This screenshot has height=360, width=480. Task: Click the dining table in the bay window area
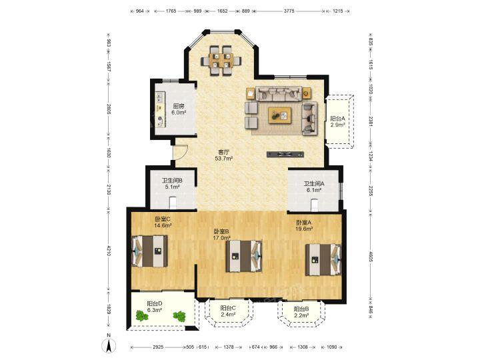click(221, 60)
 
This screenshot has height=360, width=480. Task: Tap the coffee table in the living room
click(280, 115)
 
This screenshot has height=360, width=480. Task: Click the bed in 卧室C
click(150, 251)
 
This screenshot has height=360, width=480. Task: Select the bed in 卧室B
click(244, 256)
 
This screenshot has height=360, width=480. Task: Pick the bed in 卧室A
click(323, 259)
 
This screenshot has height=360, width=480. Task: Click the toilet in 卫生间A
click(315, 205)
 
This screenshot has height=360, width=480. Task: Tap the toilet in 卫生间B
click(173, 203)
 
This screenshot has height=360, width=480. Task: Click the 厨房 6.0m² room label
click(179, 109)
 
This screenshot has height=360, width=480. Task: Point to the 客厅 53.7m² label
click(224, 155)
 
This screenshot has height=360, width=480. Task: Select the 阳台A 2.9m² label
click(337, 121)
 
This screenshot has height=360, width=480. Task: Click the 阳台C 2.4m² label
click(228, 311)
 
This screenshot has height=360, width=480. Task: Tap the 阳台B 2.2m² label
click(301, 312)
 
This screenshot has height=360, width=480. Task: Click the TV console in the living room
click(285, 155)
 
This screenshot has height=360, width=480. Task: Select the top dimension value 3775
click(289, 11)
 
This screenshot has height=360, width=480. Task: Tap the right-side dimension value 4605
click(370, 257)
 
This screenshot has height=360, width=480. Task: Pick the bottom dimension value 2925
click(158, 347)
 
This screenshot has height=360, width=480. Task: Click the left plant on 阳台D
click(141, 315)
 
